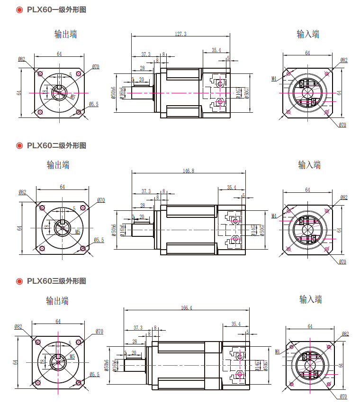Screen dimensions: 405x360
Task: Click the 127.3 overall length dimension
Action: (180, 34)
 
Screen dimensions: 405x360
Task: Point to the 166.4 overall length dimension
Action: (186, 308)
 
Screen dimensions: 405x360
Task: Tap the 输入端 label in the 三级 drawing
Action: (310, 299)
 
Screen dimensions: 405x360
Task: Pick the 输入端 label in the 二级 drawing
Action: (309, 165)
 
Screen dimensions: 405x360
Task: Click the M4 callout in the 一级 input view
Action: (274, 79)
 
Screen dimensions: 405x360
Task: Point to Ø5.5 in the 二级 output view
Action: (99, 240)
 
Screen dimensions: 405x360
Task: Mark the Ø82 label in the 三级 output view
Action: (18, 327)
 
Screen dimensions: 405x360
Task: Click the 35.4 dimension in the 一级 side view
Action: (216, 50)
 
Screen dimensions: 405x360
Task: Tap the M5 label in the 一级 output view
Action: (72, 96)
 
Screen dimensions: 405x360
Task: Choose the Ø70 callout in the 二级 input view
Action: (342, 261)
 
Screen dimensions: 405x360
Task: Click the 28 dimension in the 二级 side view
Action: (142, 206)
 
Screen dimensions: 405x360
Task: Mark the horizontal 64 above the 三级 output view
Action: (58, 322)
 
